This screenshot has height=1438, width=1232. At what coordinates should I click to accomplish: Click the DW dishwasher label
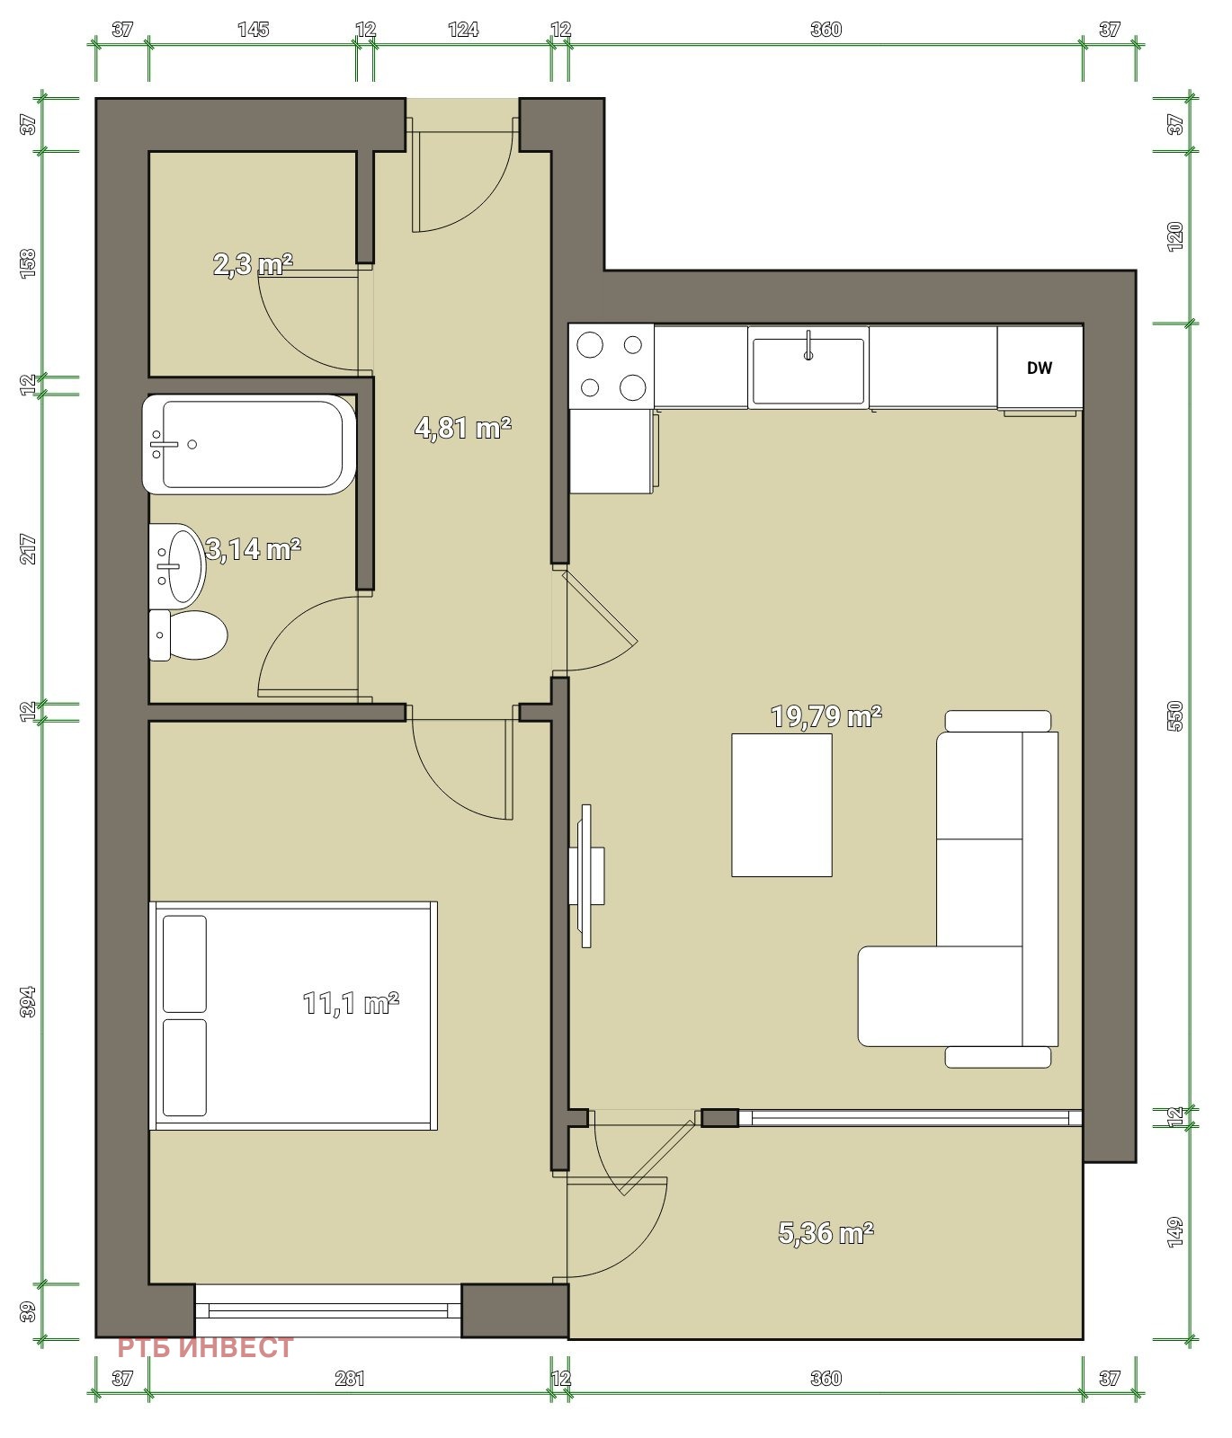point(1039,368)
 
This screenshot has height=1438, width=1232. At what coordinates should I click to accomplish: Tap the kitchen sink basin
point(808,370)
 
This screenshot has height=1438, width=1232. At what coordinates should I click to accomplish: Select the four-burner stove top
point(612,366)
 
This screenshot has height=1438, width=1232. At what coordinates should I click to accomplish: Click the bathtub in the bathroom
point(249,444)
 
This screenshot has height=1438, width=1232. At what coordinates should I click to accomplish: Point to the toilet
point(187,635)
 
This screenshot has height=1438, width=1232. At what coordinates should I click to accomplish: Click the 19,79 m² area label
point(826,716)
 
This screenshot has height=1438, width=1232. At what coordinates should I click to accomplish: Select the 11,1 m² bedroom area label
point(351,1002)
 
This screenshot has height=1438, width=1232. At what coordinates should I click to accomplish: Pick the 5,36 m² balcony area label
point(826,1232)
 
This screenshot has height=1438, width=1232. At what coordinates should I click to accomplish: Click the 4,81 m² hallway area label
point(462,427)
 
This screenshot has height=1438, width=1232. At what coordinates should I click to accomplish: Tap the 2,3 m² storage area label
point(253,264)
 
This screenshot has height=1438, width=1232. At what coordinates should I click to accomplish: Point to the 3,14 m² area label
point(253,548)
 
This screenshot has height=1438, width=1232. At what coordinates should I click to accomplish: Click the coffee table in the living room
point(781,804)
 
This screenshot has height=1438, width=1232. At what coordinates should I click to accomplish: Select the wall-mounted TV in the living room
point(585,875)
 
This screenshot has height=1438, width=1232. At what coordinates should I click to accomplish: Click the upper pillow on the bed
point(184,963)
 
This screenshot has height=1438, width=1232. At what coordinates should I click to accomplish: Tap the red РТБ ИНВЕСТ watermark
point(206,1348)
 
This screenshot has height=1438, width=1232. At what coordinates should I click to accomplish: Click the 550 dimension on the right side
point(1174,715)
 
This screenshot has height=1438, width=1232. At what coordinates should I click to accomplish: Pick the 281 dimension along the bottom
point(350,1378)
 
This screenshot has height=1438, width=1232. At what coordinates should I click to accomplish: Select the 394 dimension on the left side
point(28,1001)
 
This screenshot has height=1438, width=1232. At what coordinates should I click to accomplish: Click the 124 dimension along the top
point(463,30)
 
